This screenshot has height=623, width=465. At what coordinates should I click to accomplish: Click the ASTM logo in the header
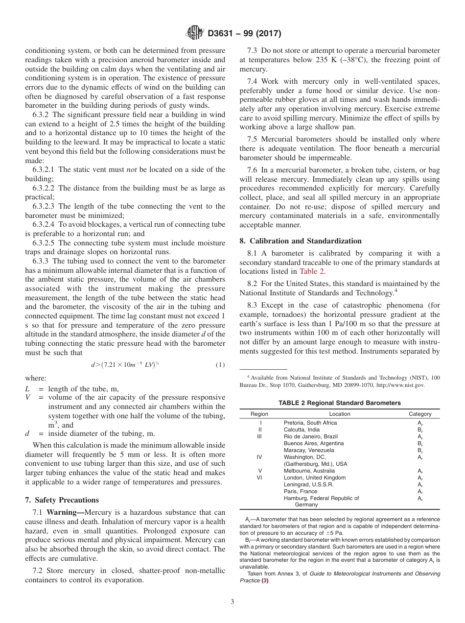(195, 34)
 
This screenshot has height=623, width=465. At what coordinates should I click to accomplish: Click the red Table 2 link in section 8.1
(311, 271)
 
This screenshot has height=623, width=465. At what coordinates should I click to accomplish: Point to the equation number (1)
(220, 365)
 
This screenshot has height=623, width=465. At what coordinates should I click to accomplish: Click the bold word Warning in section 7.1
(65, 512)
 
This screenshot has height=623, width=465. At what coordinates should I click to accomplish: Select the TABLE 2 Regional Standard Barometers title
(339, 403)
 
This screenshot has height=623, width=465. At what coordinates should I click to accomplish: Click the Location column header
(339, 414)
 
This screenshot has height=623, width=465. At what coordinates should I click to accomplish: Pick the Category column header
(420, 414)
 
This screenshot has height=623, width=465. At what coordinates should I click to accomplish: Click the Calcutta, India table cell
(302, 430)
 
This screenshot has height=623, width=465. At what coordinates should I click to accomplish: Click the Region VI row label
(260, 478)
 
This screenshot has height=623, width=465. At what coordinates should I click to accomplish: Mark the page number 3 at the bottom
(232, 602)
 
